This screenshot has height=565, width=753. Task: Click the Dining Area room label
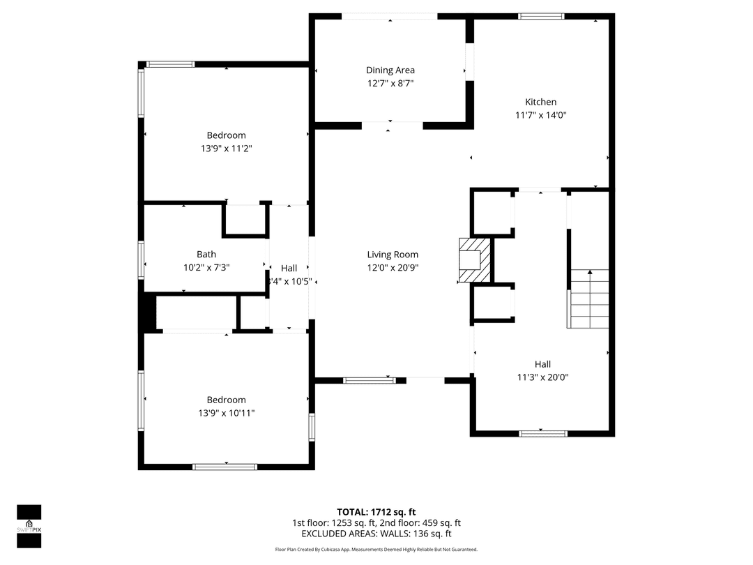pyautogui.click(x=390, y=70)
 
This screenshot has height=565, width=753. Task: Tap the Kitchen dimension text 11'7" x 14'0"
pyautogui.click(x=541, y=116)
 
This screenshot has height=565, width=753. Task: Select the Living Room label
pyautogui.click(x=393, y=255)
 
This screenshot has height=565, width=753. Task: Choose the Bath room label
pyautogui.click(x=206, y=255)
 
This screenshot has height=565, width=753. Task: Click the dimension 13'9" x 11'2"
pyautogui.click(x=226, y=149)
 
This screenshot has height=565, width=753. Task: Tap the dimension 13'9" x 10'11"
pyautogui.click(x=226, y=413)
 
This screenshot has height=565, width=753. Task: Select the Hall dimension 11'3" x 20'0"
pyautogui.click(x=542, y=377)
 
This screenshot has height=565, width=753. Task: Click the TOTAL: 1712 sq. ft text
pyautogui.click(x=376, y=512)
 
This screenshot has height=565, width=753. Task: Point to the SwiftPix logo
pyautogui.click(x=29, y=522)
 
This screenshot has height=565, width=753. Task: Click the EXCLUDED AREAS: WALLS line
pyautogui.click(x=376, y=534)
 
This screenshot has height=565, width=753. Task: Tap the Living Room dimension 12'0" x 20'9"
pyautogui.click(x=393, y=268)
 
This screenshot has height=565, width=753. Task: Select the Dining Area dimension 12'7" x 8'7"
pyautogui.click(x=390, y=83)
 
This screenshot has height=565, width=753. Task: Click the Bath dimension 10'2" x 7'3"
pyautogui.click(x=206, y=267)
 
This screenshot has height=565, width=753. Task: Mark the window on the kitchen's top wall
pyautogui.click(x=541, y=16)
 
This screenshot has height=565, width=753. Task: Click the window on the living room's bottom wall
pyautogui.click(x=369, y=381)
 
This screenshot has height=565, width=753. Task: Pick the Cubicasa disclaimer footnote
pyautogui.click(x=376, y=550)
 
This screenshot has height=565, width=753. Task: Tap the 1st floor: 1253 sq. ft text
pyautogui.click(x=334, y=523)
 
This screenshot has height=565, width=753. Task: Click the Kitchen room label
pyautogui.click(x=541, y=102)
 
